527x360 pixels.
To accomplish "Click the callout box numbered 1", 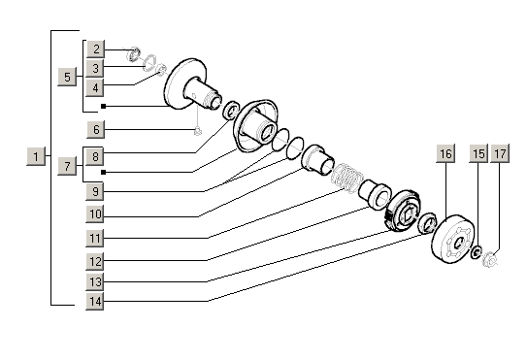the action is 36,156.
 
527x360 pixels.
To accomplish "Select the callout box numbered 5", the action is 67,77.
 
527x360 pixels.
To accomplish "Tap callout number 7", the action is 67,166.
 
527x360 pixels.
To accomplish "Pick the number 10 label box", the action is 95,213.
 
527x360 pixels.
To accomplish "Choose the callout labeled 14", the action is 95,301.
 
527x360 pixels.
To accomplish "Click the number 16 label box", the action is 445,153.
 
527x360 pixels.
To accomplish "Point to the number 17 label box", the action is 500,153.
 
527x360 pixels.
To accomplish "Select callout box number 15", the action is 478,153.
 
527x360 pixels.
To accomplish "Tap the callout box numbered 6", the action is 96,129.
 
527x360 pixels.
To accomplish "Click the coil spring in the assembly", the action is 347,178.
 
